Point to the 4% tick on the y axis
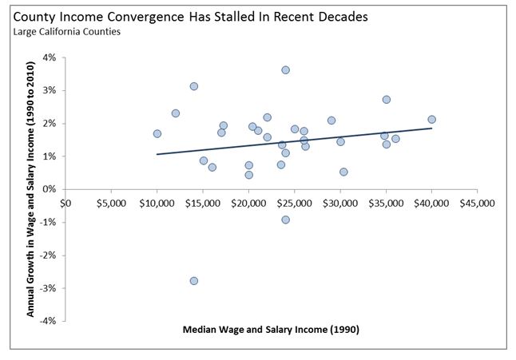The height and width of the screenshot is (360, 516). [x=50, y=57]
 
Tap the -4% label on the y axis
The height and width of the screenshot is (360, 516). [x=49, y=321]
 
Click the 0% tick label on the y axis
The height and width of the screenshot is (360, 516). [x=50, y=189]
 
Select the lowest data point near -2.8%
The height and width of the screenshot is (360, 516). [x=194, y=281]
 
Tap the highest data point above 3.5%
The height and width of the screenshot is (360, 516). [x=285, y=70]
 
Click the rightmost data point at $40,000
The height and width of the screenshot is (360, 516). [x=432, y=120]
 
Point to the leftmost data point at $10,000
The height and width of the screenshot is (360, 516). [x=157, y=134]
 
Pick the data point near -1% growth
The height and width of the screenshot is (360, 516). [x=285, y=220]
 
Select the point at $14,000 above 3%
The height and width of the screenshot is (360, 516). [x=194, y=86]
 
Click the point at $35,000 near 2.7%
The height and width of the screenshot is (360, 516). [x=387, y=100]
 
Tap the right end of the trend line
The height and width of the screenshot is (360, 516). [x=432, y=129]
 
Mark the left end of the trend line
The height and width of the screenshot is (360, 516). [x=157, y=155]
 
